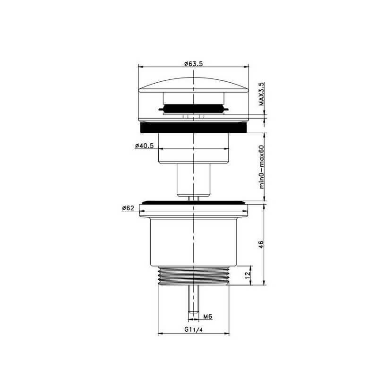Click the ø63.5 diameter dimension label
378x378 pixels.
point(194,64)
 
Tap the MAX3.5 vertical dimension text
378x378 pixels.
point(261,94)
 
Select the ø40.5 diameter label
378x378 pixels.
point(145,146)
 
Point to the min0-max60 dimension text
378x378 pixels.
point(262,167)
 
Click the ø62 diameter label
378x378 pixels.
point(128,208)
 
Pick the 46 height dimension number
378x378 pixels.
point(261,244)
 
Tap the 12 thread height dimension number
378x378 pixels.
point(247,275)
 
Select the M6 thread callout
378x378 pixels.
point(207,316)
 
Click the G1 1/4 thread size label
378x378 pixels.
point(193,329)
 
